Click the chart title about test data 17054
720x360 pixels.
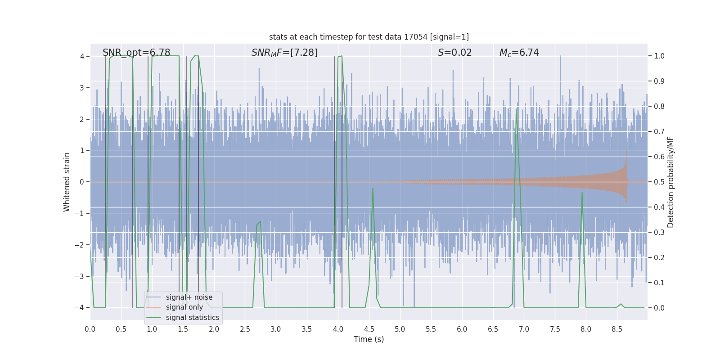[369, 37]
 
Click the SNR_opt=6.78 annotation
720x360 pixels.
[136, 53]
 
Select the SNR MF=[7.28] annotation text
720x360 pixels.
[284, 53]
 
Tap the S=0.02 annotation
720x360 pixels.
[454, 53]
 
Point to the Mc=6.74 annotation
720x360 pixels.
[519, 53]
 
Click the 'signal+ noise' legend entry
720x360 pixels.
[189, 297]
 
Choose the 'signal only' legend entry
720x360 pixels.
[184, 307]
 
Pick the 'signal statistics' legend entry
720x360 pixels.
[192, 318]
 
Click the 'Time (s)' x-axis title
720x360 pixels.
[369, 339]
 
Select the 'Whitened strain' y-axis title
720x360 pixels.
[67, 182]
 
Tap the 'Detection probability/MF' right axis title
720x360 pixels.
[670, 182]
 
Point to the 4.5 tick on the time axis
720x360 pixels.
[369, 329]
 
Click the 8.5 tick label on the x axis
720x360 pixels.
[617, 329]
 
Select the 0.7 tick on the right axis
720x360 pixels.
[659, 132]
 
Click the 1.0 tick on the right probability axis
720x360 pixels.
[659, 56]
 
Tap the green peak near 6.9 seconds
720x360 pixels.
[516, 109]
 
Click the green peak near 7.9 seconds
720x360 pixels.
[582, 193]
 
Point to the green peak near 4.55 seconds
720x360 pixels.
[373, 189]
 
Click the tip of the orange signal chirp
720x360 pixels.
[626, 151]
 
